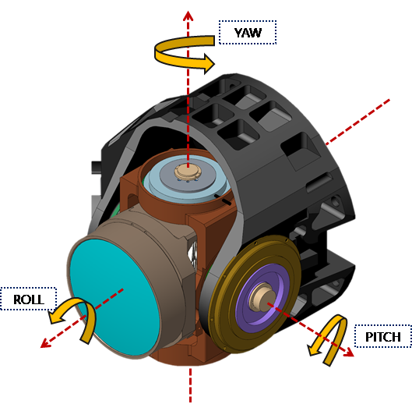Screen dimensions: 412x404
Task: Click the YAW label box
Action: coord(248,33)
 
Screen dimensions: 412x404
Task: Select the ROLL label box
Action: coord(28,299)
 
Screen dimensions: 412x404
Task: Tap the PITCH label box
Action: coord(383,336)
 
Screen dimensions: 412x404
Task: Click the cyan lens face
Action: coord(114,297)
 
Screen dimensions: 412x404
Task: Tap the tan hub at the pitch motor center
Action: coord(262,297)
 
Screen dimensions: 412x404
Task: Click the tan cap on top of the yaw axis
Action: coord(188,172)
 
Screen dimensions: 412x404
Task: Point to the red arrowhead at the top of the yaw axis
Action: coord(188,16)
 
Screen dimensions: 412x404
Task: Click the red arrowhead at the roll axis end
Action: coord(45,343)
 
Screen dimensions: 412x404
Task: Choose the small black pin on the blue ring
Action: coord(223,200)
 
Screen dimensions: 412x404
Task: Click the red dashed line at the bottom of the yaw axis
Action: coord(191,385)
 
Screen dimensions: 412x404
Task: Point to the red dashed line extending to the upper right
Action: coord(357,122)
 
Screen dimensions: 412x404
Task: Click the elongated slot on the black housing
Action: coord(319,182)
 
